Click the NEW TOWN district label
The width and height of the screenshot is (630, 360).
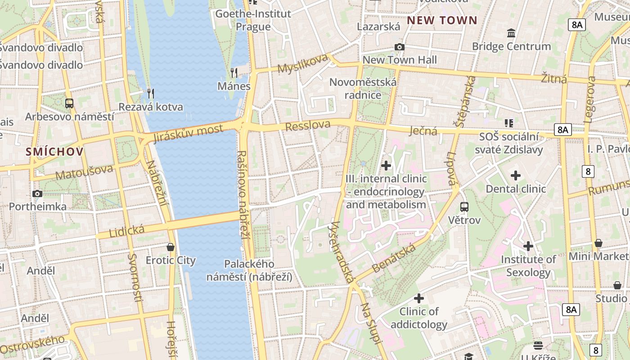click(x=442, y=20)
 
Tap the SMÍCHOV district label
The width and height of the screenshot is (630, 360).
click(x=54, y=152)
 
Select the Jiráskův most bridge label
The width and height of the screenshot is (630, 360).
click(x=188, y=133)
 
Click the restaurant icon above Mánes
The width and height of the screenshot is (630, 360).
click(x=234, y=72)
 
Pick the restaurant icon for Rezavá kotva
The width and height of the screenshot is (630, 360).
click(x=151, y=93)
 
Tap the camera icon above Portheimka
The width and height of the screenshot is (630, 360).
click(x=37, y=193)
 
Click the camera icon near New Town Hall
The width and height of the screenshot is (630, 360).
click(x=399, y=47)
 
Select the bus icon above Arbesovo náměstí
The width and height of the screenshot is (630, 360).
click(x=69, y=103)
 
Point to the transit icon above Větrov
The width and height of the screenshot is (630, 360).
click(x=464, y=207)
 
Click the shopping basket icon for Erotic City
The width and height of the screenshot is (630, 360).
click(x=171, y=247)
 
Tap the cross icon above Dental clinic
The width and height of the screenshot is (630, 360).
click(x=516, y=175)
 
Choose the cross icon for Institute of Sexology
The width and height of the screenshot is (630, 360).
click(x=528, y=246)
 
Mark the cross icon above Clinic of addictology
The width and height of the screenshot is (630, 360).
click(x=419, y=298)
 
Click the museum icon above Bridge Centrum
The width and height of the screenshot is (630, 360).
click(x=511, y=33)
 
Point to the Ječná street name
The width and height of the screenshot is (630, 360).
click(x=423, y=131)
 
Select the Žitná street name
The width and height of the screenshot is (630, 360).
click(x=554, y=79)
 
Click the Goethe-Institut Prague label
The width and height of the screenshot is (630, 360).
click(x=253, y=20)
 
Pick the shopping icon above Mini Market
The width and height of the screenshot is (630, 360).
click(x=598, y=243)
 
